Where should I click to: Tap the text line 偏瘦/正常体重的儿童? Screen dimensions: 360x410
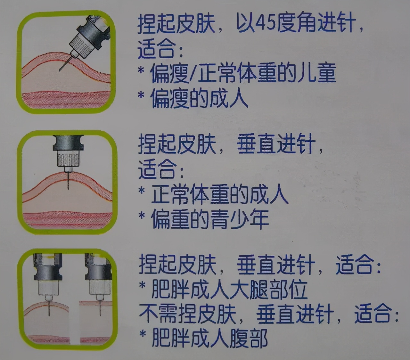click(243, 73)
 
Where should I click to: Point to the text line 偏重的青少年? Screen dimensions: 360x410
click(210, 219)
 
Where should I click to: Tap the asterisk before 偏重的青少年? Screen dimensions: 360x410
click(142, 216)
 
